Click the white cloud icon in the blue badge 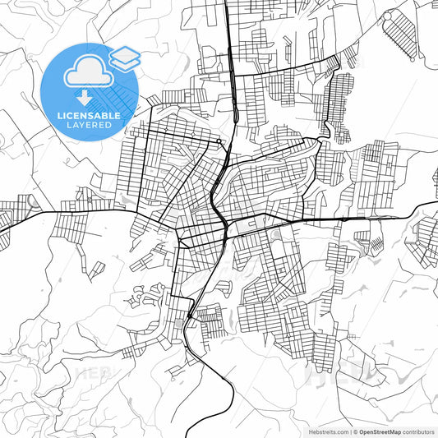pos(88,73)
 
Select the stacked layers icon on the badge pos(124,57)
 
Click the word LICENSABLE pos(89,115)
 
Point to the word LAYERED pos(89,125)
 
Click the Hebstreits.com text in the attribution pos(329,431)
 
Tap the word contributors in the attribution pos(418,431)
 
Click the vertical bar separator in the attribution pos(350,431)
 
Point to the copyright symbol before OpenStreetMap pos(356,431)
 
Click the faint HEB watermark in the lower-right pos(329,374)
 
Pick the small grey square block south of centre pos(180,327)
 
